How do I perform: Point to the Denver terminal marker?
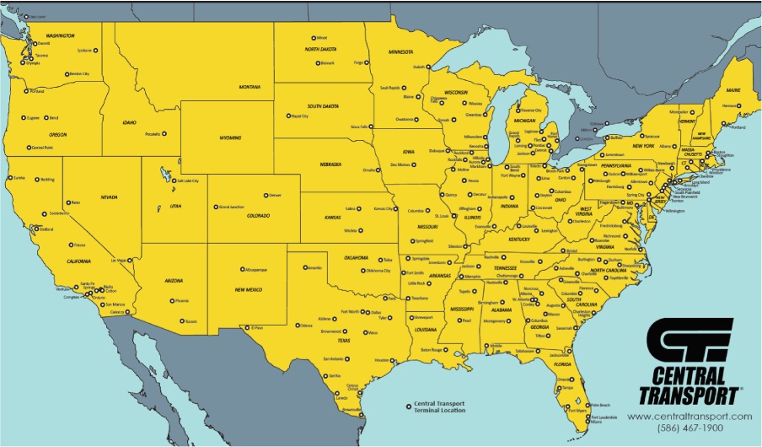pos(266,195)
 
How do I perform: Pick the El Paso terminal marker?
pos(244,327)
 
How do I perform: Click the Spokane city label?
pos(83,51)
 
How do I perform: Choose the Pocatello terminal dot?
pos(164,133)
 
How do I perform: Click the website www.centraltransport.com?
pos(690,417)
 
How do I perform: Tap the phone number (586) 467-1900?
pos(690,429)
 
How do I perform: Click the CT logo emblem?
pos(689,342)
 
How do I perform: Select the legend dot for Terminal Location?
pos(409,404)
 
